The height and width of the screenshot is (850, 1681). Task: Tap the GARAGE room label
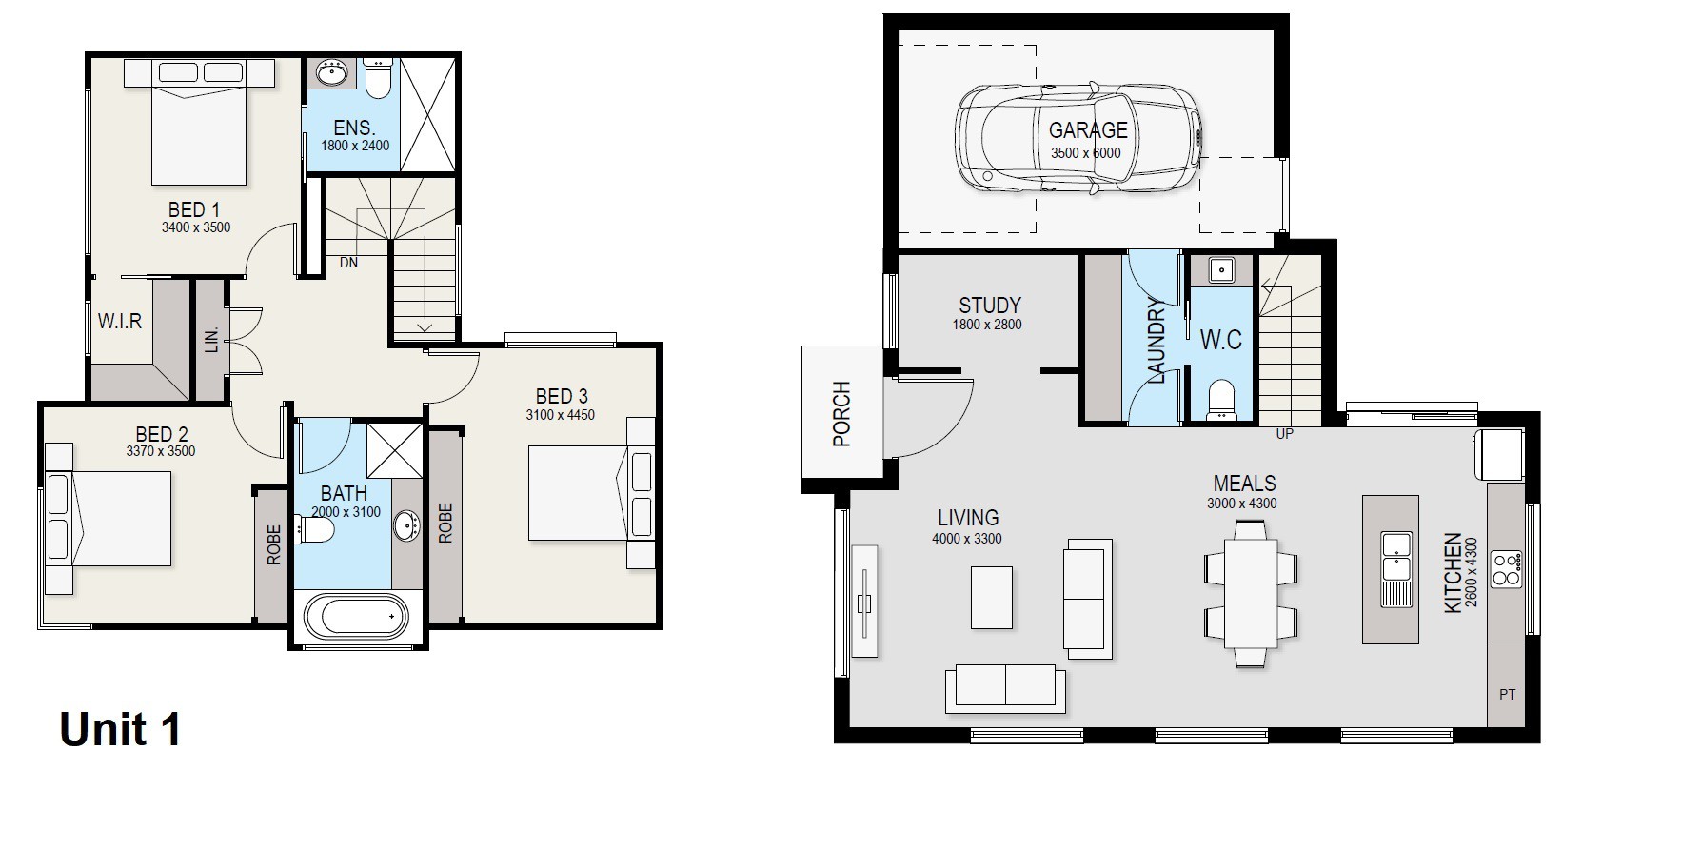[1088, 130]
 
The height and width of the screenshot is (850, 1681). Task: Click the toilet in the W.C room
[1220, 400]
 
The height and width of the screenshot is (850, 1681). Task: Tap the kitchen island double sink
[1396, 557]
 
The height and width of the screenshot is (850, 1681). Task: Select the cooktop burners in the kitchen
[1506, 569]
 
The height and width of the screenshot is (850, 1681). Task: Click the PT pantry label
[1508, 695]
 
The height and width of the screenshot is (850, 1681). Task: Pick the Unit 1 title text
[120, 730]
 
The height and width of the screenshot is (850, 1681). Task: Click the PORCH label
[841, 414]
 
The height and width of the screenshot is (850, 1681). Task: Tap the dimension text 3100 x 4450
[561, 415]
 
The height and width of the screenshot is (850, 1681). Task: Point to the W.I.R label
[120, 321]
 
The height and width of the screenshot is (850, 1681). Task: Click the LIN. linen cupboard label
[211, 339]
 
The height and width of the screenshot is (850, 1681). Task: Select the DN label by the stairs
[348, 262]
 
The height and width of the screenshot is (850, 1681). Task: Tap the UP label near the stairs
[1284, 434]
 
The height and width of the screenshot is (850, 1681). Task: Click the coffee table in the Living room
[992, 597]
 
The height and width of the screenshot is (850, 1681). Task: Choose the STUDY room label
[990, 306]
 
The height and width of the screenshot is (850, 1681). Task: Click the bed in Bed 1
[201, 123]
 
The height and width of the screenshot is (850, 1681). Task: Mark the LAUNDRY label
[1157, 341]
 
